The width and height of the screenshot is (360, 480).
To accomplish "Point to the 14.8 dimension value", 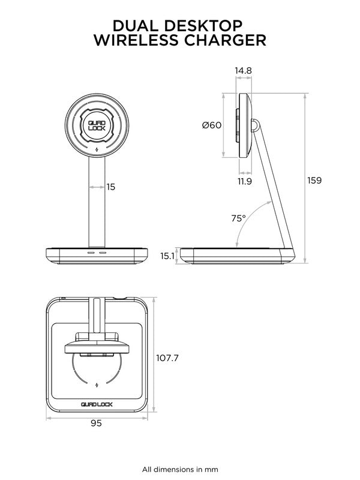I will pos(243,71).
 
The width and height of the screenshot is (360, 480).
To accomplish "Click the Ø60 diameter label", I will pos(212,125).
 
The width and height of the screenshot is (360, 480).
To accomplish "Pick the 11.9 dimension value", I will pos(244,181).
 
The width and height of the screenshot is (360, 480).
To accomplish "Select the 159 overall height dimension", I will pos(314,180).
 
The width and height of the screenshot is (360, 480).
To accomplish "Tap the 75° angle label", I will pos(238,218).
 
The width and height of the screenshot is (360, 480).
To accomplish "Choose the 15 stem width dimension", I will pos(110,187).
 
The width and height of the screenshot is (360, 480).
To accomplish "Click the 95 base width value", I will pos(96,423).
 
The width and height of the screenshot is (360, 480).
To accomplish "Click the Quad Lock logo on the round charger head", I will pos(96,124).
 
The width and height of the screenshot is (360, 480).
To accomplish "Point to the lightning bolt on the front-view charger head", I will pos(96,149).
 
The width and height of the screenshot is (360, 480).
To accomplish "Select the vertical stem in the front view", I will pos(96,204).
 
